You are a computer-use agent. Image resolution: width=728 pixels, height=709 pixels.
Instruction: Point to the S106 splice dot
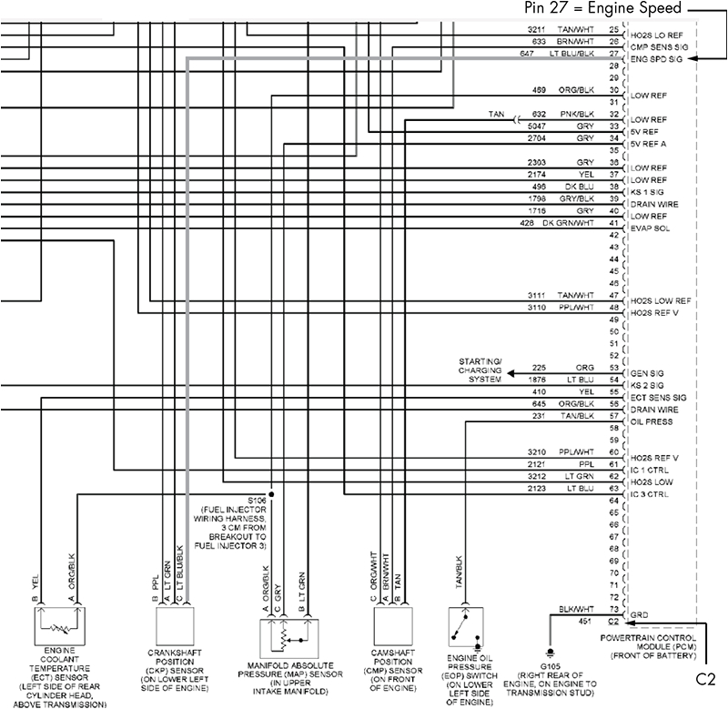click(271, 493)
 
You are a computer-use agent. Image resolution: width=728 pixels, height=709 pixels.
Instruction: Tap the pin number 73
click(613, 609)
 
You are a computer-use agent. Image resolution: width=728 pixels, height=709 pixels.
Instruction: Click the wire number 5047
click(537, 127)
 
